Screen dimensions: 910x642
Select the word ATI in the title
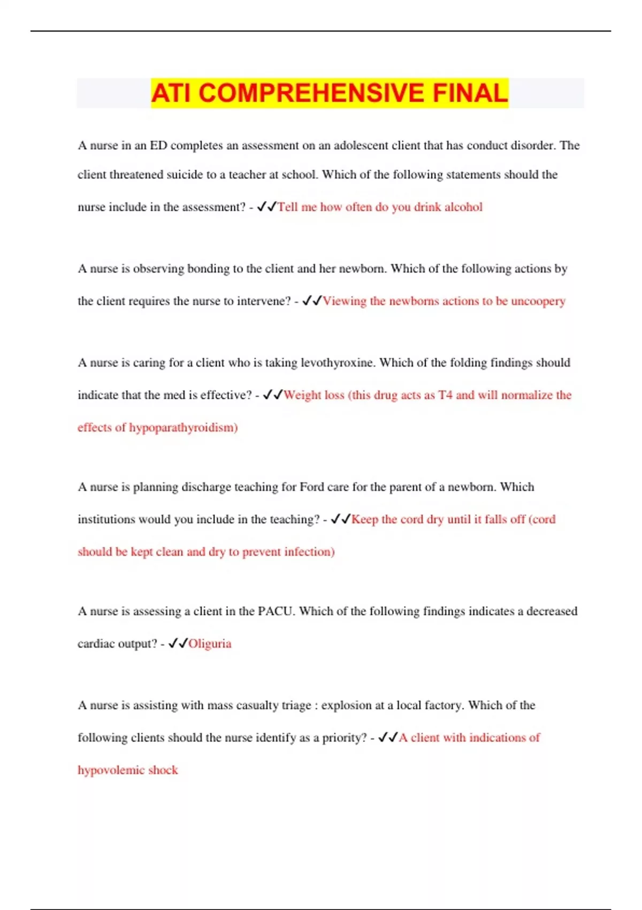click(x=171, y=93)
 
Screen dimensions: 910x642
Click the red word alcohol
click(x=463, y=207)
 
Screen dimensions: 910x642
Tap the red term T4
click(x=445, y=395)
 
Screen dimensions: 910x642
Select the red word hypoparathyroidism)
click(x=183, y=428)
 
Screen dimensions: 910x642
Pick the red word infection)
click(x=309, y=552)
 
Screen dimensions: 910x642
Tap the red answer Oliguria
click(x=210, y=644)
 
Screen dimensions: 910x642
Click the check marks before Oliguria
click(x=178, y=643)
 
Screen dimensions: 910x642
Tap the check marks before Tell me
click(x=266, y=207)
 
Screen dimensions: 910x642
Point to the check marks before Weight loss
click(x=273, y=395)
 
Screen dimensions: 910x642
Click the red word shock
click(x=163, y=770)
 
